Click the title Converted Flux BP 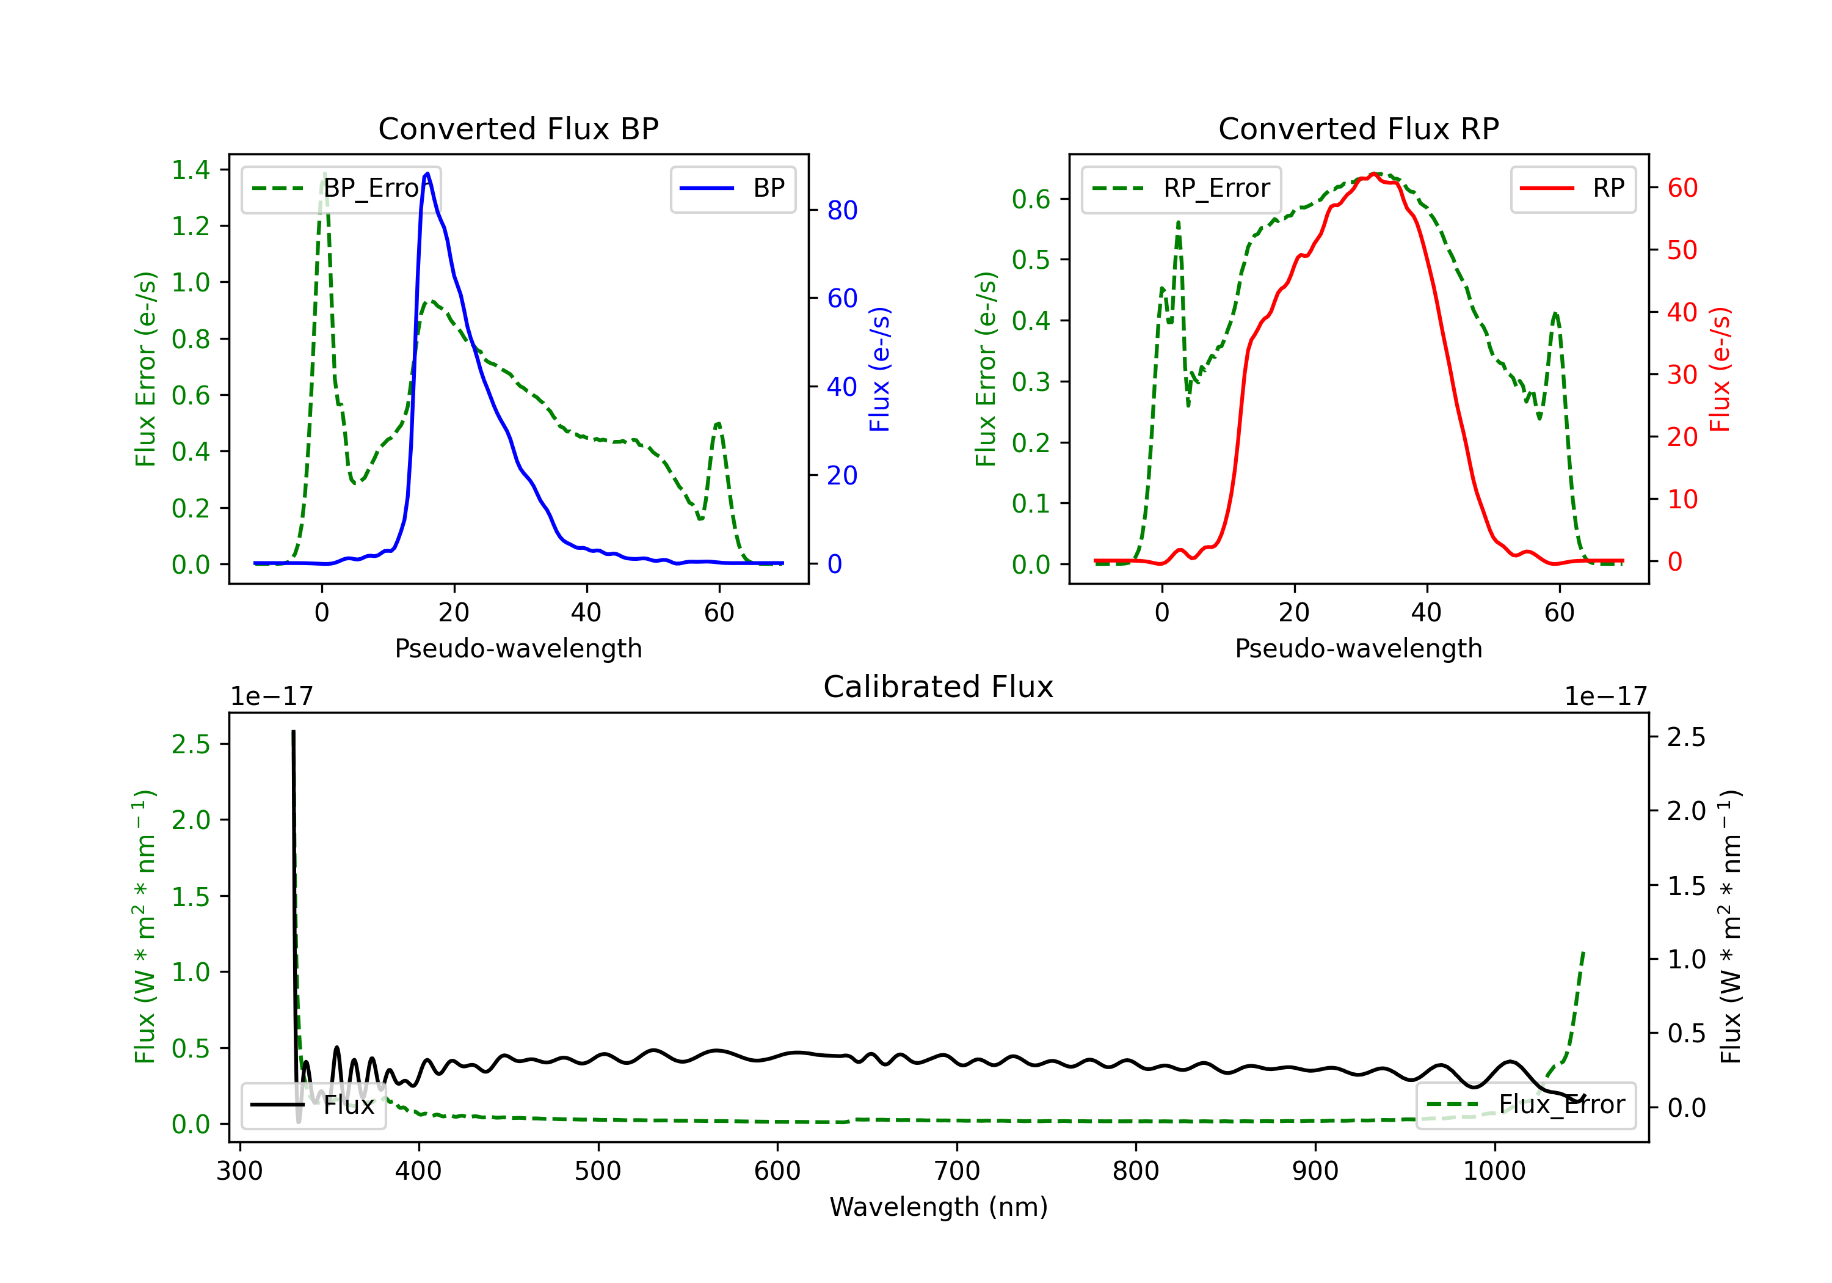(518, 128)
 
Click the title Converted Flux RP (1358, 128)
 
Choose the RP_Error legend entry (1182, 188)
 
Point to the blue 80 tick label (841, 211)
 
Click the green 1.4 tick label (191, 170)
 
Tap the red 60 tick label (1682, 188)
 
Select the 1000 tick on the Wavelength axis (1494, 1171)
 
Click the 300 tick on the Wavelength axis (239, 1171)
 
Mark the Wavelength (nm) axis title (939, 1207)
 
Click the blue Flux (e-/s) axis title (879, 369)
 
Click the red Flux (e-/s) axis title (1720, 369)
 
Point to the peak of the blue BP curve (427, 174)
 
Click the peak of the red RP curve (1374, 174)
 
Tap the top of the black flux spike (293, 731)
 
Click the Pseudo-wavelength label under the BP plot (518, 648)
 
